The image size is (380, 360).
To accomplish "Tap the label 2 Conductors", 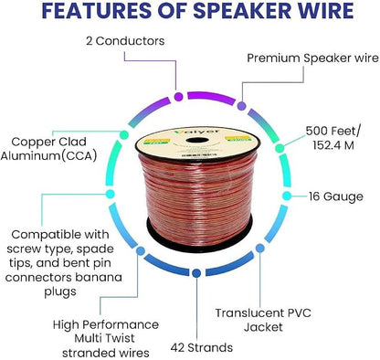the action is point(125,41).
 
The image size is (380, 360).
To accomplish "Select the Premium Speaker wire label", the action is point(312,58).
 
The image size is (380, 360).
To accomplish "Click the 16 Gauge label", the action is point(336,196).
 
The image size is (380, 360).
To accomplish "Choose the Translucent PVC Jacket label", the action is point(263,320).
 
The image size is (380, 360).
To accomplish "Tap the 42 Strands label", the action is point(202,347).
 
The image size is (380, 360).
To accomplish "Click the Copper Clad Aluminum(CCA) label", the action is point(48,149).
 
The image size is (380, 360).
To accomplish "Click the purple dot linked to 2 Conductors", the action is point(178,97).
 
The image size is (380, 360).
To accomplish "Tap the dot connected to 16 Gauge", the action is point(286,196).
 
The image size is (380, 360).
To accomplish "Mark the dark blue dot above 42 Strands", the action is point(196,273).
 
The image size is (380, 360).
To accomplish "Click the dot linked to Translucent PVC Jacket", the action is point(259,249).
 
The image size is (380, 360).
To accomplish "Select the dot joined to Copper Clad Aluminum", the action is point(124,134).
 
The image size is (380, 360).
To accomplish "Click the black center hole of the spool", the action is point(197,141).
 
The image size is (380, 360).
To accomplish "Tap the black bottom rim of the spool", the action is point(199,240).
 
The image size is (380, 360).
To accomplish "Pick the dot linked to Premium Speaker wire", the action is point(241,106).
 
